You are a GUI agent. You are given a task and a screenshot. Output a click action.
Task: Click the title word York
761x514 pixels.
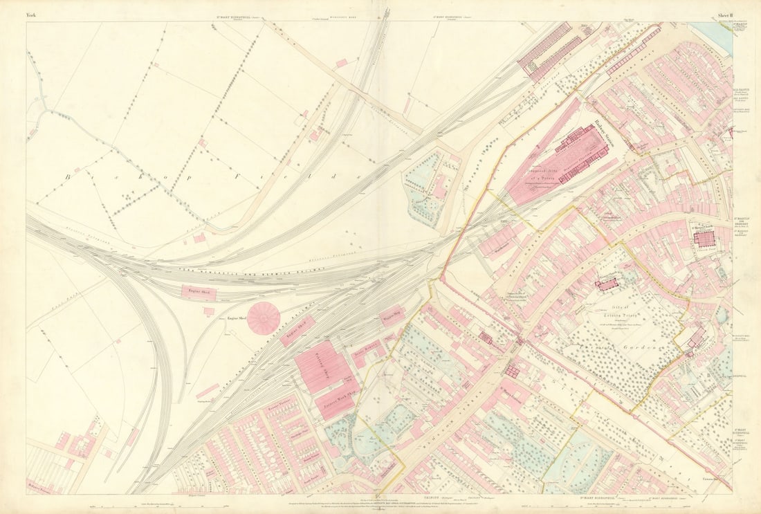click(32, 14)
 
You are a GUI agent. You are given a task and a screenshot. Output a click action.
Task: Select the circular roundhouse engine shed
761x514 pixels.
click(264, 318)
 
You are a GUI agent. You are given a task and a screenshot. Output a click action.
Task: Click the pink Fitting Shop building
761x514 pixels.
click(322, 365)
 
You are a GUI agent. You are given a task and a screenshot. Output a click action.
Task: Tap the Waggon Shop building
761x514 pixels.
click(391, 315)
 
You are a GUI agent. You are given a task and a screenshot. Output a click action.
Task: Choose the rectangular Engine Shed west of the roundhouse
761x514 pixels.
click(199, 293)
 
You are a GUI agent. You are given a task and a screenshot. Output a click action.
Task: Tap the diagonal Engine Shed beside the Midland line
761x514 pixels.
click(297, 331)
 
